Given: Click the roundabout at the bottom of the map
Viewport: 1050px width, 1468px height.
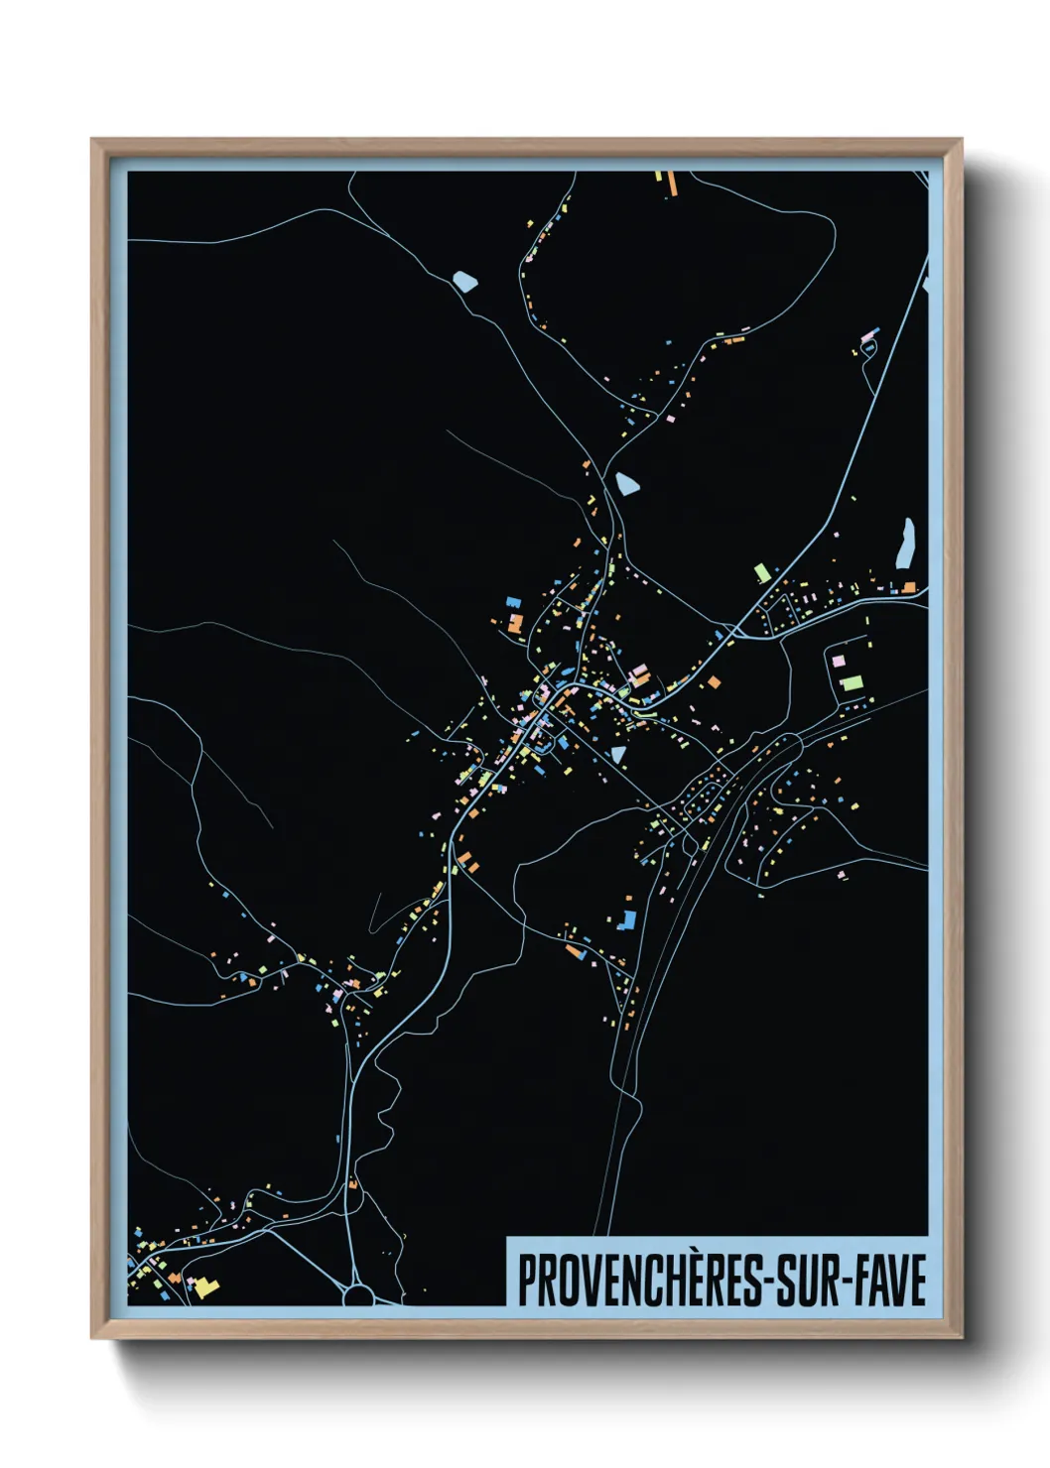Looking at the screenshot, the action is tap(358, 1294).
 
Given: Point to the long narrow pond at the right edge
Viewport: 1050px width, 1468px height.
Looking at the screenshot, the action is tap(904, 544).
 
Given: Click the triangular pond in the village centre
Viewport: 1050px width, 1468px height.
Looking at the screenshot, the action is tap(618, 755).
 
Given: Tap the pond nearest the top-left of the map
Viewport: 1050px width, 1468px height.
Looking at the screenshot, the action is tap(464, 282).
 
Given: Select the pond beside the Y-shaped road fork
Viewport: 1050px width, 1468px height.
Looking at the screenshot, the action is tap(626, 484).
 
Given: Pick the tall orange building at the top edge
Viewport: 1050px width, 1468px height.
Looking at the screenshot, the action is tap(671, 183).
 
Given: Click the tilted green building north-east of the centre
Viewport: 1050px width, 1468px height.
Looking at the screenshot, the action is tap(762, 572).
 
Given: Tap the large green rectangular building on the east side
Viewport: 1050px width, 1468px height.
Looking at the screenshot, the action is tap(852, 682).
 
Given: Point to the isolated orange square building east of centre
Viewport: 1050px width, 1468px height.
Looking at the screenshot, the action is tap(714, 682).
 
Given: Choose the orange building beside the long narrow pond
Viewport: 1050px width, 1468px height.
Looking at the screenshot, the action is tap(908, 587).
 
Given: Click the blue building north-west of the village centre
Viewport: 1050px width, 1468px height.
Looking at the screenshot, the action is tap(513, 601).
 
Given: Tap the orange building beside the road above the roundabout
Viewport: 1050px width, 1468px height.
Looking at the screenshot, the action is tap(351, 1182).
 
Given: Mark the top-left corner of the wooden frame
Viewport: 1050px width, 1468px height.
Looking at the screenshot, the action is tap(92, 140).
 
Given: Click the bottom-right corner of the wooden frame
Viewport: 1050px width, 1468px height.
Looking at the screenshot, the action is tap(961, 1337).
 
